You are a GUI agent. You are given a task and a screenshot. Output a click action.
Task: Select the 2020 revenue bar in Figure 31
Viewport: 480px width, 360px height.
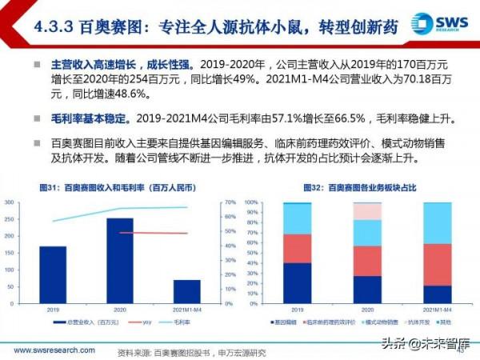[119, 248]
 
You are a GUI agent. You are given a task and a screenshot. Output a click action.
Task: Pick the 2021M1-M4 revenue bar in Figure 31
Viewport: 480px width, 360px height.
[186, 291]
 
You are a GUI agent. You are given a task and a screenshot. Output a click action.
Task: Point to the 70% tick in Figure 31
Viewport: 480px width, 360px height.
[230, 202]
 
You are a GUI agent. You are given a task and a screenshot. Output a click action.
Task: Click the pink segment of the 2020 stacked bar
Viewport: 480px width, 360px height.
[367, 211]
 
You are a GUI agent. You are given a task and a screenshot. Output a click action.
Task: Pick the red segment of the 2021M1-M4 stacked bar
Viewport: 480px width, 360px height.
[438, 264]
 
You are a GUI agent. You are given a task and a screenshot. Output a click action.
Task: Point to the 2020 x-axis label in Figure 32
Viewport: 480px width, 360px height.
[367, 307]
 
